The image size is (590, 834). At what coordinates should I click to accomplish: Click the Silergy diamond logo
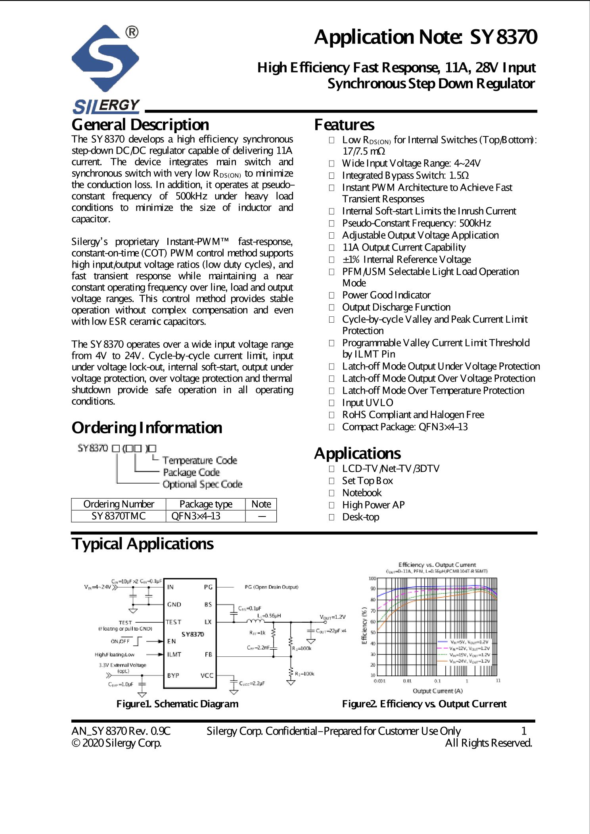coord(105,59)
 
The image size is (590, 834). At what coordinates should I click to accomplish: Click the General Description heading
coord(140,125)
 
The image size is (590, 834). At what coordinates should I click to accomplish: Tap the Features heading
coord(344,125)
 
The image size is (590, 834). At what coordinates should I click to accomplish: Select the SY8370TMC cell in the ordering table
coord(118,516)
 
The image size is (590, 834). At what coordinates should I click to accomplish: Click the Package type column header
coord(205,504)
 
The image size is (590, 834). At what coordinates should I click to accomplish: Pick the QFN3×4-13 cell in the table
coord(196,516)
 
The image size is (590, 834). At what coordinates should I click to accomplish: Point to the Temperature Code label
coord(199,461)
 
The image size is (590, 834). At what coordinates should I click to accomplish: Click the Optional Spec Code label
coord(202,484)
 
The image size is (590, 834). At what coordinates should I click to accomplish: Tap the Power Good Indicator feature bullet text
coord(386,295)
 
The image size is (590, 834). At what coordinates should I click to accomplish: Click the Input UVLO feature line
coord(368,403)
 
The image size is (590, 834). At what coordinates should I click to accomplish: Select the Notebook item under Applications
coord(362,493)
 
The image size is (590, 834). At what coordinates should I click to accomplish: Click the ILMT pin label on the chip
coord(174,654)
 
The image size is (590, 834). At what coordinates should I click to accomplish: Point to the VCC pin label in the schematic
coord(207,675)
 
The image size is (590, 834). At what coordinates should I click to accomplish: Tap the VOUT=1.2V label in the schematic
coord(333,617)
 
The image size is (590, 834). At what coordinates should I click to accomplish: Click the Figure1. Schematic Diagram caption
coord(177,704)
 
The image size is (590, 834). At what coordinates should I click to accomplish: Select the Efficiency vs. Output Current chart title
coord(437,564)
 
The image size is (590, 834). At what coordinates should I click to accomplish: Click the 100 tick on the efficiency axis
coord(372,578)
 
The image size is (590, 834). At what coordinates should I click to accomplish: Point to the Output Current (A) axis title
coord(437,691)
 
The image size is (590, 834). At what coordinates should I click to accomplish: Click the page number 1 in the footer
coord(523,731)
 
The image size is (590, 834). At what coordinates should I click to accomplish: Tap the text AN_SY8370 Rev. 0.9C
coord(121,731)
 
